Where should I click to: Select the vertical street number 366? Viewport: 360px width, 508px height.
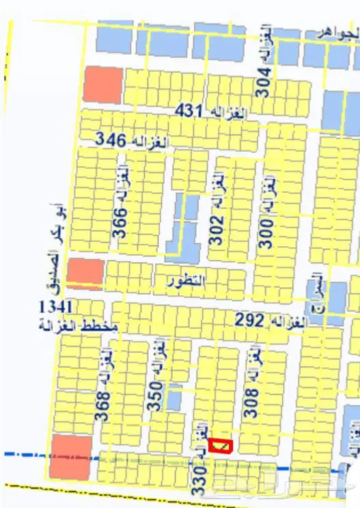point(120,224)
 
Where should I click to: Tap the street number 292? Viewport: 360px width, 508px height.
point(250,319)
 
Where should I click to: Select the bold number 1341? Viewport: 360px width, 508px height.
point(57,306)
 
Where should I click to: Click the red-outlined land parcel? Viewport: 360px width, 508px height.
point(220,445)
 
